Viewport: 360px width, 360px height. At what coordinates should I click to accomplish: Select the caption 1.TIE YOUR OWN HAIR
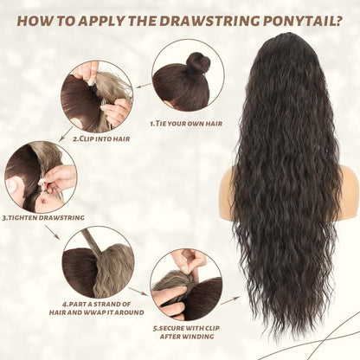tap(185, 124)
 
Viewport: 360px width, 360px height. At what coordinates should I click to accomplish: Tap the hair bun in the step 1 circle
tap(198, 63)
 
